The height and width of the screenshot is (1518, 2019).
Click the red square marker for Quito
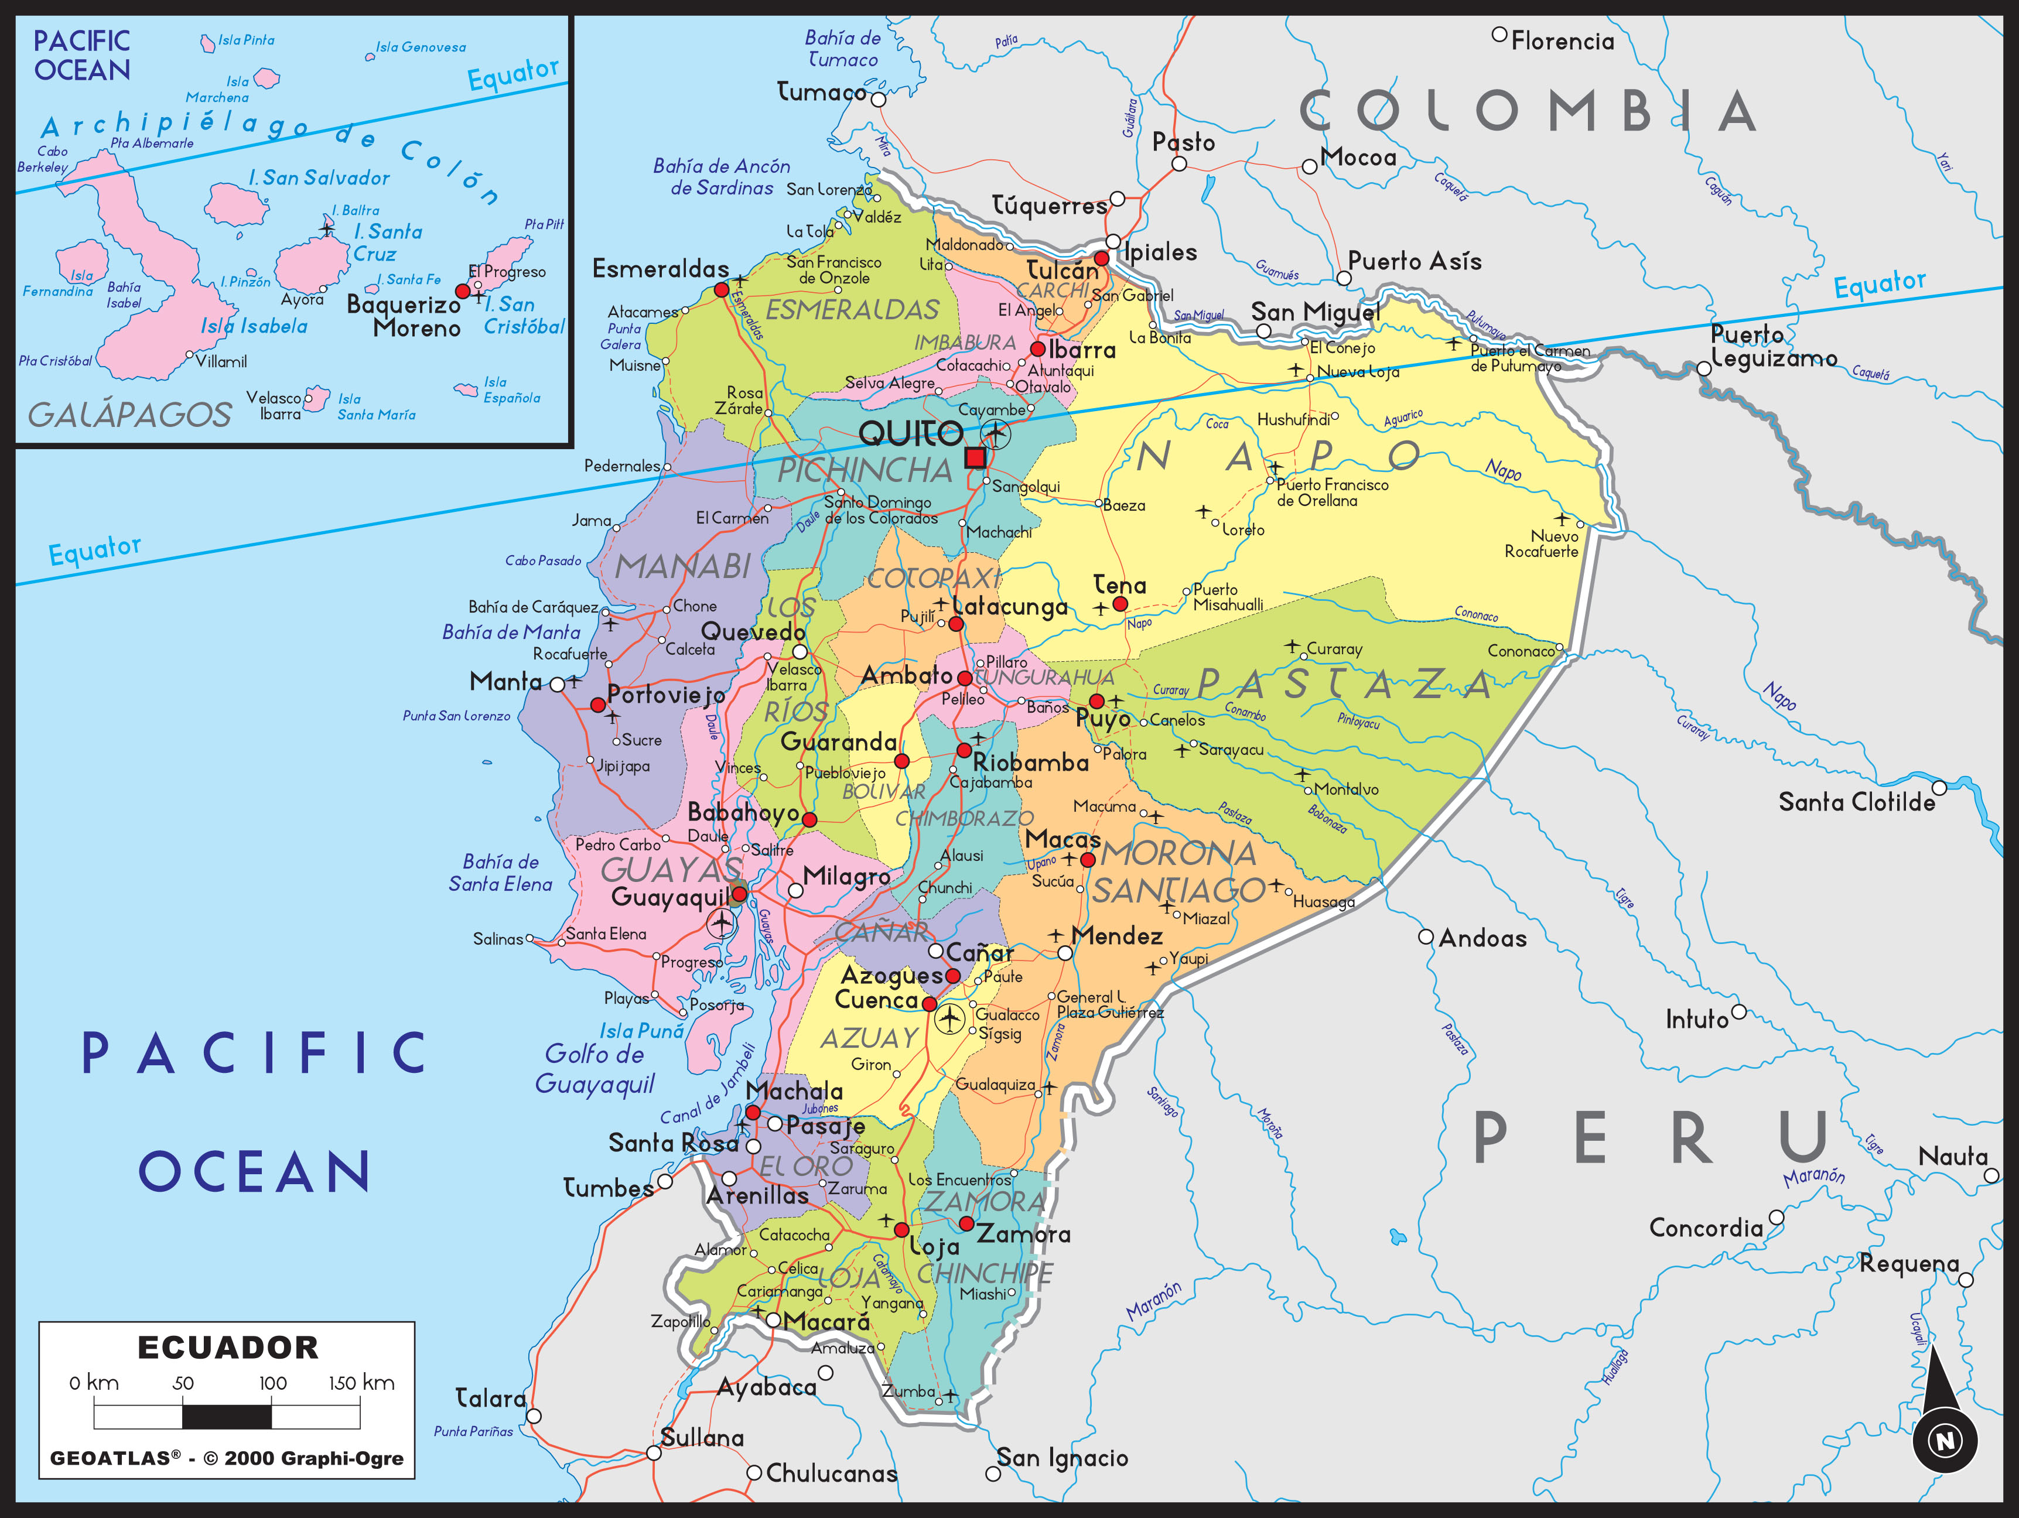click(x=975, y=457)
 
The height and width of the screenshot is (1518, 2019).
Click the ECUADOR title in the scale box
click(x=228, y=1348)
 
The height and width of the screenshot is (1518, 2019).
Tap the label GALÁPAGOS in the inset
click(x=129, y=415)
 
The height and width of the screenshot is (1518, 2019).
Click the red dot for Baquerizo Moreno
click(x=462, y=291)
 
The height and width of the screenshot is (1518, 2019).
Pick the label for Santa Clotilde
click(x=1857, y=802)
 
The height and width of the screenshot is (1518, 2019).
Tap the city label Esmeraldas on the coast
click(x=661, y=268)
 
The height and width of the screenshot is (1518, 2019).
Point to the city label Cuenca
click(x=876, y=1000)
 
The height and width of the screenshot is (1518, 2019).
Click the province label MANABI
click(x=683, y=567)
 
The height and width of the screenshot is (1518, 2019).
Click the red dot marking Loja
click(x=901, y=1229)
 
